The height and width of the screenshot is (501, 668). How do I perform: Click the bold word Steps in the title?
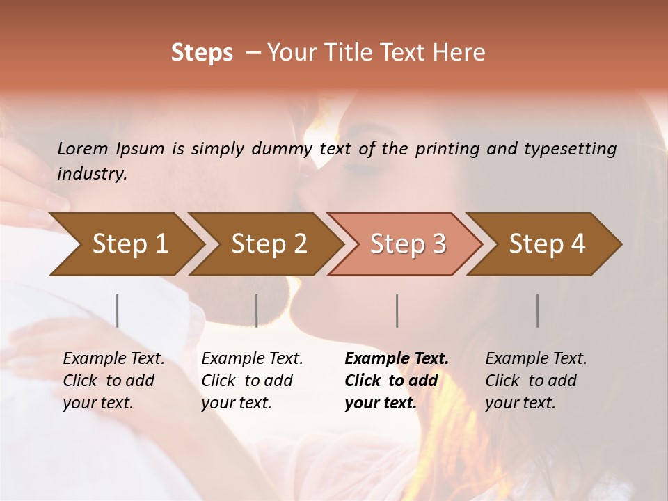point(202,53)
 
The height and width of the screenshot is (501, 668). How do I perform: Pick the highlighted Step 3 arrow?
point(408,244)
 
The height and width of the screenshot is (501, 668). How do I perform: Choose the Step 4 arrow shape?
point(547,244)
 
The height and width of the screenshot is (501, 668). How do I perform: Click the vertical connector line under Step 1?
point(118,310)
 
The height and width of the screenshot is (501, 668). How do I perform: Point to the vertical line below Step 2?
point(257,310)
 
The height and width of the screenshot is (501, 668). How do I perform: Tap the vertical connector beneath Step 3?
point(397,310)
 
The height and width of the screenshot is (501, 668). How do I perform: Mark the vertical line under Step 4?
point(538,310)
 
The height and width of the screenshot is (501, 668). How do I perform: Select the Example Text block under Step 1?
point(113,381)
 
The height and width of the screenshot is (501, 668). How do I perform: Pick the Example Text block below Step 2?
point(252,381)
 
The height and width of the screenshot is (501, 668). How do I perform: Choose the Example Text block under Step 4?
point(536,381)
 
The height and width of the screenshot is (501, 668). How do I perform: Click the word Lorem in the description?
point(83,148)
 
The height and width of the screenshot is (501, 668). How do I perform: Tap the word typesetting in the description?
point(572,148)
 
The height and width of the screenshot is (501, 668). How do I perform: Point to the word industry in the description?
point(92,174)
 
